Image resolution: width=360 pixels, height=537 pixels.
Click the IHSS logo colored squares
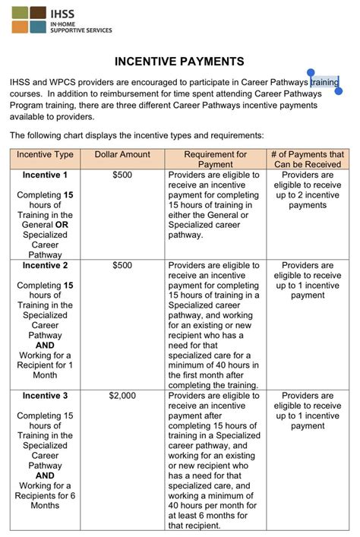tap(28, 20)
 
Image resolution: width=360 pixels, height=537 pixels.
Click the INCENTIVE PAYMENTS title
tap(179, 62)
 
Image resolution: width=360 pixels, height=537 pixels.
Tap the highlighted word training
tap(324, 82)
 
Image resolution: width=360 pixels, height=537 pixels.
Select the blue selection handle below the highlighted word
tap(339, 91)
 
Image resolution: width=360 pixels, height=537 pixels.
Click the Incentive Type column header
tap(46, 154)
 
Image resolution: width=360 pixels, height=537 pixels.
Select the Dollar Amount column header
tap(122, 154)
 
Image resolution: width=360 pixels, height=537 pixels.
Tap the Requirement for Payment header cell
tap(215, 159)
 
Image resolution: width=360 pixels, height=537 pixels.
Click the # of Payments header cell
tap(308, 159)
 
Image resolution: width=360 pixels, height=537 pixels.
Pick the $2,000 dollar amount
tap(122, 396)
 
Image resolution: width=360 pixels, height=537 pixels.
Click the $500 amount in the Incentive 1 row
tap(122, 175)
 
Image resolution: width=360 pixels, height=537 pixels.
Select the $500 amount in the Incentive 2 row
tap(122, 266)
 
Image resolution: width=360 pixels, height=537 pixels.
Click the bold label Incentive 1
tap(46, 175)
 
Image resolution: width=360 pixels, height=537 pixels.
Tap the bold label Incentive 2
tap(46, 266)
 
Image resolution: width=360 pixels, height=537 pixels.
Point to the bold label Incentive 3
tap(46, 396)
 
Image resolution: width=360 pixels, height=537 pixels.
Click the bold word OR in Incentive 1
tap(62, 225)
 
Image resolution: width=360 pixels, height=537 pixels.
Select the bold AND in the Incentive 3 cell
tap(46, 475)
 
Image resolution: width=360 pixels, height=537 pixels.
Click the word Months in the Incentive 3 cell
tap(46, 505)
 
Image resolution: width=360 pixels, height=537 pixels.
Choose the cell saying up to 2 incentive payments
tap(308, 190)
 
